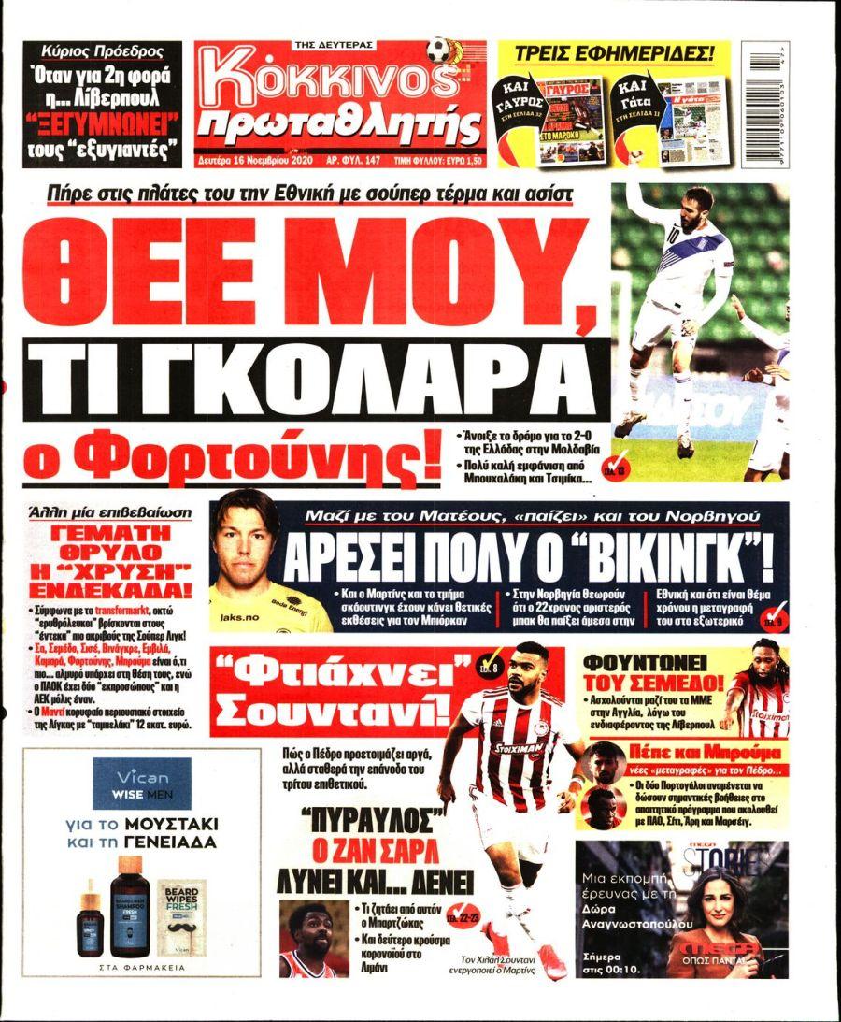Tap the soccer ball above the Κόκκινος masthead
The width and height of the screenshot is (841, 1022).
pyautogui.click(x=439, y=49)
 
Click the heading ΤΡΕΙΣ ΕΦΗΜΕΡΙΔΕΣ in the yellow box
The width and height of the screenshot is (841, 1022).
pyautogui.click(x=614, y=52)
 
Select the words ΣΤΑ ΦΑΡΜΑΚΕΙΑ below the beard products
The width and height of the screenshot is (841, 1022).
pyautogui.click(x=142, y=968)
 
